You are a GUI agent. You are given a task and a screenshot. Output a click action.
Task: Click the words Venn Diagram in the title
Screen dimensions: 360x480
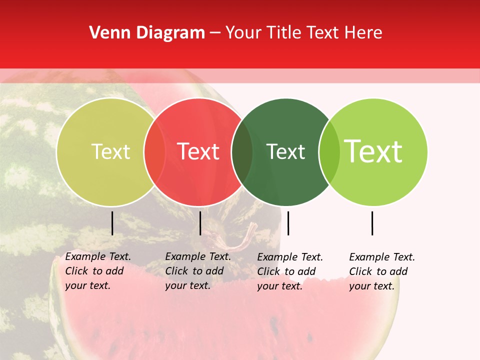[x=147, y=33]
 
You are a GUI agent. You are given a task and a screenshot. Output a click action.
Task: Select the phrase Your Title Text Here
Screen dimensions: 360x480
[x=303, y=33]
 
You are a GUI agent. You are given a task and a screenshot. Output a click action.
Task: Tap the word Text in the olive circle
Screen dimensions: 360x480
[x=110, y=152]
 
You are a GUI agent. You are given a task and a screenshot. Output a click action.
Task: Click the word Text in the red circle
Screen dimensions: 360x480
[x=198, y=152]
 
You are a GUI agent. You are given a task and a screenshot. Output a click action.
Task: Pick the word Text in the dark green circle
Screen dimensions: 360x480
[x=285, y=152]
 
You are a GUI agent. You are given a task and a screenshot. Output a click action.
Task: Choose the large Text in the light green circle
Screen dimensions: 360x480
[x=373, y=152]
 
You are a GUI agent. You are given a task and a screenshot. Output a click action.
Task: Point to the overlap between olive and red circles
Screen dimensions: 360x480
[x=154, y=152]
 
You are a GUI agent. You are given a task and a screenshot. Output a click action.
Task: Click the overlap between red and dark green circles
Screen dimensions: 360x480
[x=242, y=152]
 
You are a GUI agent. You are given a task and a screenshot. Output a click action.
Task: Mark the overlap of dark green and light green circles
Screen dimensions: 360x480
[x=329, y=152]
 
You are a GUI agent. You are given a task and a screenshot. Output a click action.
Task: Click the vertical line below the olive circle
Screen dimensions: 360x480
[x=112, y=223]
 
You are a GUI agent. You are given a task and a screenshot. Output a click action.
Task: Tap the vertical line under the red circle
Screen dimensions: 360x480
[x=200, y=223]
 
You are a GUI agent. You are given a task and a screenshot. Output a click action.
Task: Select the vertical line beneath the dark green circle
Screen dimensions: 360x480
[x=288, y=223]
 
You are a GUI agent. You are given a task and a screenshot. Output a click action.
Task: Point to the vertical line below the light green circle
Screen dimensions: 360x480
[x=372, y=223]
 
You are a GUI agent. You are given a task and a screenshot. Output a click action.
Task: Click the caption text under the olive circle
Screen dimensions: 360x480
[x=97, y=271]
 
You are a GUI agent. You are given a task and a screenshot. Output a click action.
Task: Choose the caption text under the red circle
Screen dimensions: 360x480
[x=197, y=271]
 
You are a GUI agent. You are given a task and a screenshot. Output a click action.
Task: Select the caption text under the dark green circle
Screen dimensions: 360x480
[x=289, y=271]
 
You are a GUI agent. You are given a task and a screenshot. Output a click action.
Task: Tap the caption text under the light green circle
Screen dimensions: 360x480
[x=381, y=271]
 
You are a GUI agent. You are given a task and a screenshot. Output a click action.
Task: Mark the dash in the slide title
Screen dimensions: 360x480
[x=215, y=33]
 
